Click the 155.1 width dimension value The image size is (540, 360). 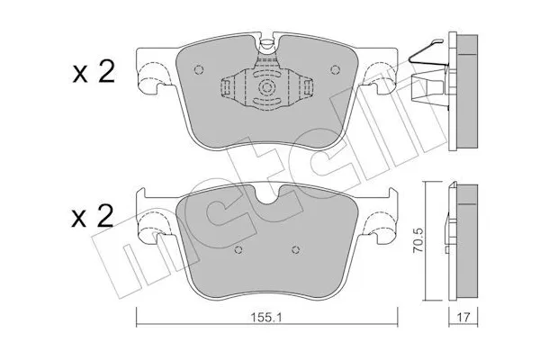tap(266, 317)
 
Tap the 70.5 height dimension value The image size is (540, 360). tap(418, 240)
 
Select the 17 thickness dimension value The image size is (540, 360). tap(463, 317)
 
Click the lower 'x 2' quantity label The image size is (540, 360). tap(93, 216)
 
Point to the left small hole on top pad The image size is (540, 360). tap(198, 70)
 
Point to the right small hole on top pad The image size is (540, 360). tap(335, 69)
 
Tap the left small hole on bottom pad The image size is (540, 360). tap(238, 250)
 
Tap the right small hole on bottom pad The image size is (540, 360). tap(295, 250)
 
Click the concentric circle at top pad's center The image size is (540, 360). tap(266, 86)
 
